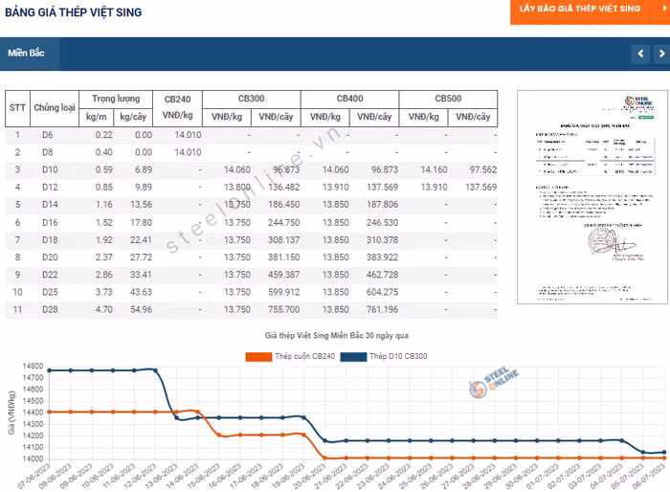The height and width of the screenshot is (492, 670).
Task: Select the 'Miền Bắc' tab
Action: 27,53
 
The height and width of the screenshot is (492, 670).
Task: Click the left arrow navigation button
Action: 640,54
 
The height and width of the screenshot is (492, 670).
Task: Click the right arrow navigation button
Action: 659,54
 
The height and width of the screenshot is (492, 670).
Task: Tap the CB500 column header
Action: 448,99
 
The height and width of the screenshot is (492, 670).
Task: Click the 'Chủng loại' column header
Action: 55,107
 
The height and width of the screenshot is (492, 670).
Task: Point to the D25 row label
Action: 49,292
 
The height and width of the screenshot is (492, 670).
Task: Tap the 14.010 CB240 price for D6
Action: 188,135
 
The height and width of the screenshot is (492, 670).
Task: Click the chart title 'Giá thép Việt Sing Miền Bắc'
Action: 336,336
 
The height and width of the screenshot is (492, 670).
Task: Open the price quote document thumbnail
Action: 584,198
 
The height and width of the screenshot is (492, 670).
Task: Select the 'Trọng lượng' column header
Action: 116,99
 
